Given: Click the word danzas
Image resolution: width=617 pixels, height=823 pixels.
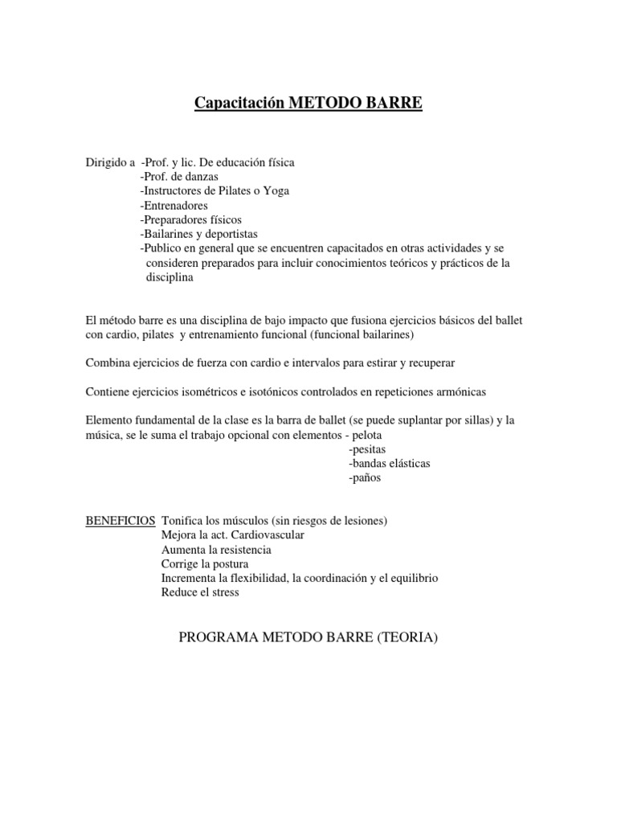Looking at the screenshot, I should [x=201, y=177].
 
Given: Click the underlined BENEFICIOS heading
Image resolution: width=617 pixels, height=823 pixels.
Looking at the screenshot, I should [x=121, y=521].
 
